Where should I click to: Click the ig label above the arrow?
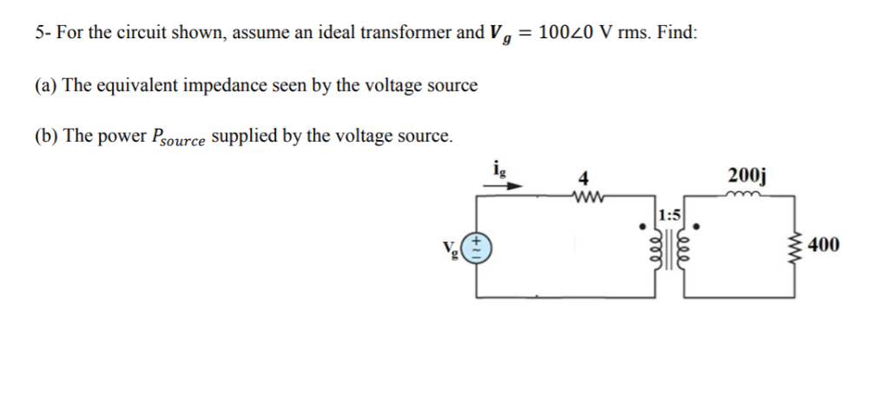[496, 170]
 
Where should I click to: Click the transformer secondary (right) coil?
[687, 253]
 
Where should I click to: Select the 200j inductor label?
[748, 179]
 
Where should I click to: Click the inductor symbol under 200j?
[748, 196]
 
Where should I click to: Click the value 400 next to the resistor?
[823, 245]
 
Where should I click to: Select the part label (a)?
[47, 85]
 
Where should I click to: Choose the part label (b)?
[47, 136]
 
